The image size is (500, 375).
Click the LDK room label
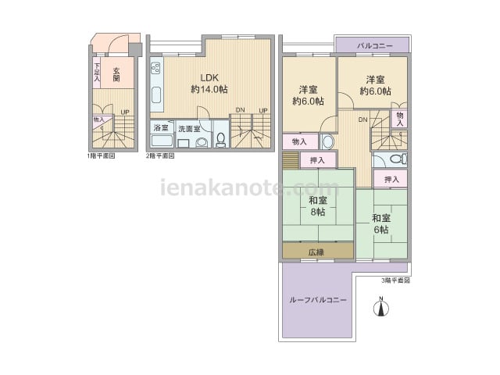pos(209,84)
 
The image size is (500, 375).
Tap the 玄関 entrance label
pos(116,74)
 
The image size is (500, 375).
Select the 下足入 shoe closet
pos(97,73)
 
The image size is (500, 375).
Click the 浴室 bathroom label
pos(161,128)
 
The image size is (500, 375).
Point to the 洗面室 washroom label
pos(189,129)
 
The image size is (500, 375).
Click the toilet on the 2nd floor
pos(220,139)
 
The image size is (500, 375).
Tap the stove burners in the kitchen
pos(156,68)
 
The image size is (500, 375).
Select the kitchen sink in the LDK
pos(156,95)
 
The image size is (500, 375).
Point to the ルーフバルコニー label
pos(318,300)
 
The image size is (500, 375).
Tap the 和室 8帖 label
pos(318,206)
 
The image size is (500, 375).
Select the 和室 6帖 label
pos(381,224)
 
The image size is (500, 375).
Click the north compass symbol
pos(381,307)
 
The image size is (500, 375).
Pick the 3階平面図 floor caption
pos(395,280)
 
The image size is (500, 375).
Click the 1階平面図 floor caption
pos(101,156)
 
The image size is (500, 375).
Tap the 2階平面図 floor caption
pos(160,156)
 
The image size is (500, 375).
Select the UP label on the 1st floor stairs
pos(125,112)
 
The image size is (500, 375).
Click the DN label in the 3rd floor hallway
pos(362,120)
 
